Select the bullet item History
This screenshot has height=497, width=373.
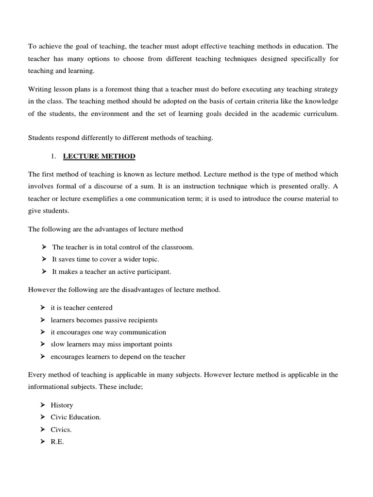coord(62,405)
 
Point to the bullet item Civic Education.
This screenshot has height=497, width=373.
coord(76,417)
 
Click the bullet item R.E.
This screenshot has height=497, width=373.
coord(57,442)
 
